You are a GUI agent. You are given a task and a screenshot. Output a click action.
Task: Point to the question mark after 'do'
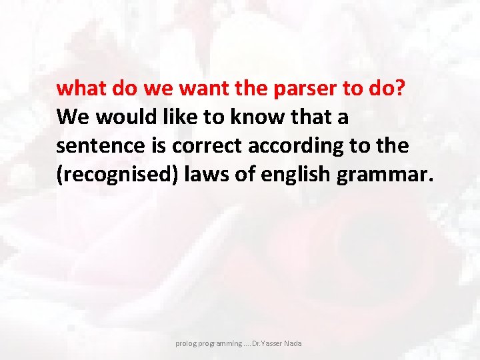click(x=399, y=88)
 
